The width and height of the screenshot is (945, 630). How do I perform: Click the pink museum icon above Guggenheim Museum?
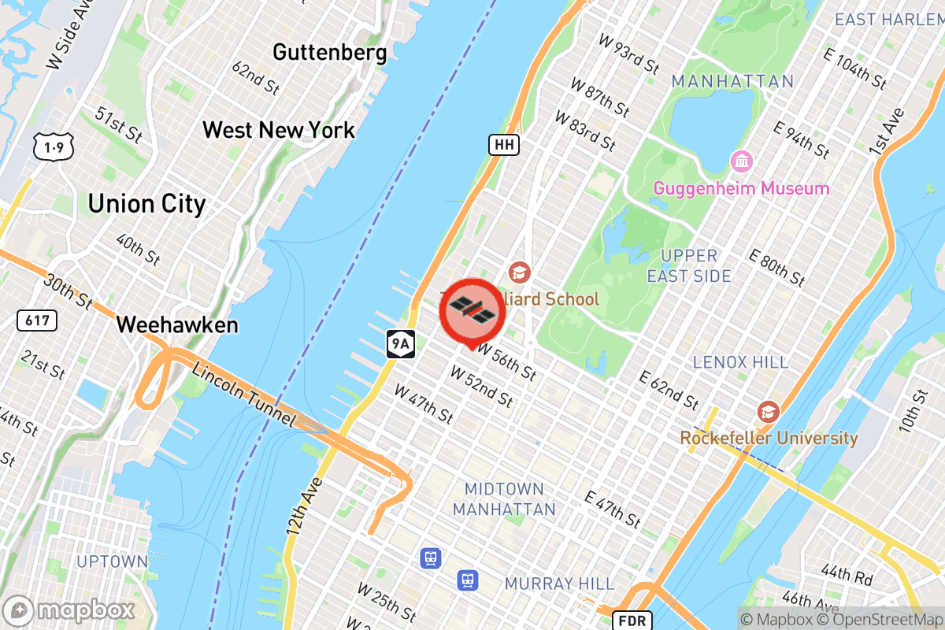tap(741, 162)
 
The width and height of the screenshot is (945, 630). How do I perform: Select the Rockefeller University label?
tap(769, 438)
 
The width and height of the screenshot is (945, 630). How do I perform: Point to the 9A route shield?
tap(400, 343)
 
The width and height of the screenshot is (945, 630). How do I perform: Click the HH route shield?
tap(504, 144)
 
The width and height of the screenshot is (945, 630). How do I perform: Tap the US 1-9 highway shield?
tap(49, 146)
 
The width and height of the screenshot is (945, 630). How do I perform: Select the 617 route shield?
tap(36, 320)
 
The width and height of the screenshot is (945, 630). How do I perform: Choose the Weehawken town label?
tap(177, 324)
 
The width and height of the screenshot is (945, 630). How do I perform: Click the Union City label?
tap(146, 205)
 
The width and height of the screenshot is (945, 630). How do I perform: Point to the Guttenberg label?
tap(329, 53)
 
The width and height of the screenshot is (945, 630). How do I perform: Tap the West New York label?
tap(279, 130)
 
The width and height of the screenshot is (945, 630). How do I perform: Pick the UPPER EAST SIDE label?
tap(689, 265)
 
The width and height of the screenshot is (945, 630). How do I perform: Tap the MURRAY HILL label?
tap(559, 584)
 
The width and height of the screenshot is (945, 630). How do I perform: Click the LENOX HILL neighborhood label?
tap(740, 362)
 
